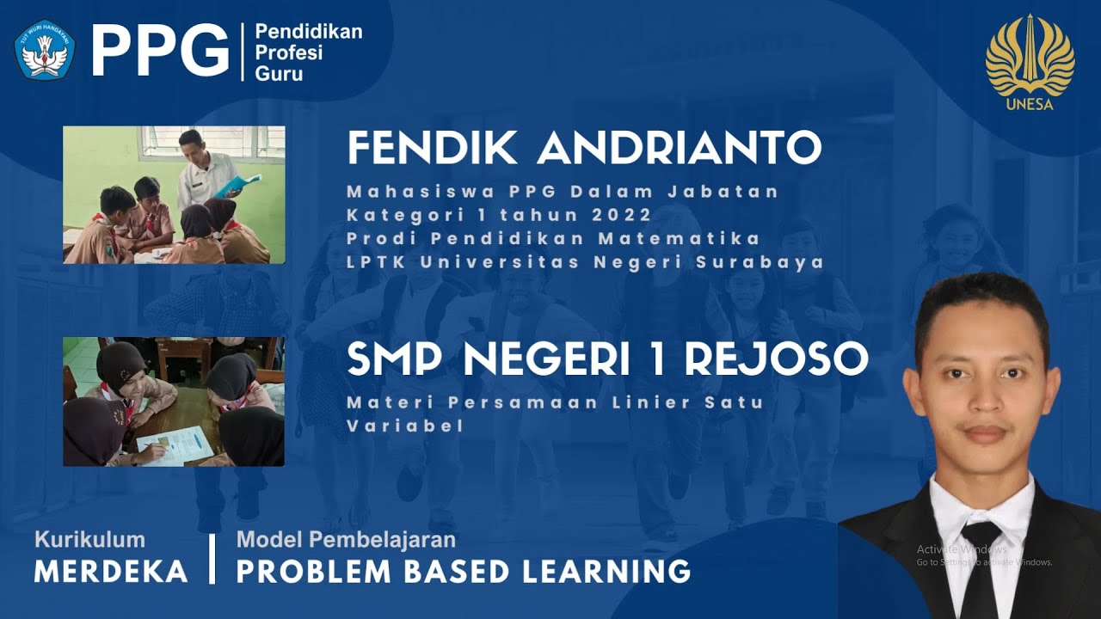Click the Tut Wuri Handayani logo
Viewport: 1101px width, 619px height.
coord(45,50)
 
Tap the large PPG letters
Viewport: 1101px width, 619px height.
coord(160,51)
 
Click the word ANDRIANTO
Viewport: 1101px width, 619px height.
coord(680,149)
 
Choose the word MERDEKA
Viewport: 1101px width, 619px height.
coord(111,571)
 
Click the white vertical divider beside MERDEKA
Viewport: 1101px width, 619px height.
coord(212,559)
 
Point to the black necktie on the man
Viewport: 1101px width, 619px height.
coord(980,567)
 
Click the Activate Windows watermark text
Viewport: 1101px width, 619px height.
coord(961,549)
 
